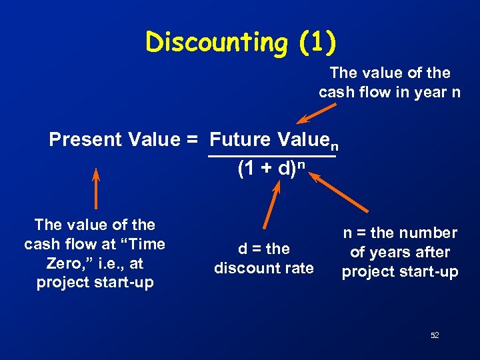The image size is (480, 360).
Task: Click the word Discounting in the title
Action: click(217, 43)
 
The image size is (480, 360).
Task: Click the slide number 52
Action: click(435, 335)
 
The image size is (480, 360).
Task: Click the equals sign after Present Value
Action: click(193, 140)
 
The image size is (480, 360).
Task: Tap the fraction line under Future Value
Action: click(272, 157)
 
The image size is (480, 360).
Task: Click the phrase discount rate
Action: click(264, 268)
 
